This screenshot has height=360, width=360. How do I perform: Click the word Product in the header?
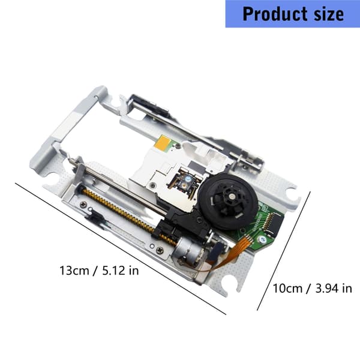(275, 14)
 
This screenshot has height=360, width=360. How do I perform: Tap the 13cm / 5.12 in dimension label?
(99, 271)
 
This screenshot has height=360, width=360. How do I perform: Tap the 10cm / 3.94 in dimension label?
(312, 288)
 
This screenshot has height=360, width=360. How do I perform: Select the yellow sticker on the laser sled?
(163, 142)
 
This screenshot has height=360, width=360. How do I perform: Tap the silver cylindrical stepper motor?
(187, 250)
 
